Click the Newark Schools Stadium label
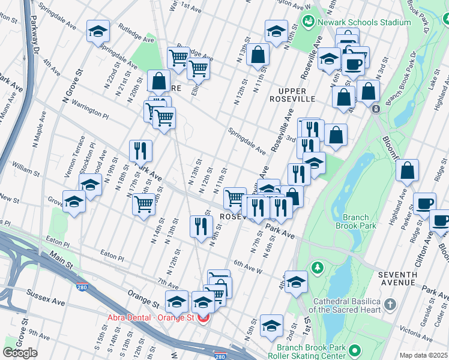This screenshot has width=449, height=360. pyautogui.click(x=364, y=22)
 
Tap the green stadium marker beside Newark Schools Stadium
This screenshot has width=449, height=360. pyautogui.click(x=309, y=22)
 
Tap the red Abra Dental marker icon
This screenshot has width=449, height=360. pyautogui.click(x=203, y=318)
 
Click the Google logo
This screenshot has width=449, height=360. pyautogui.click(x=20, y=352)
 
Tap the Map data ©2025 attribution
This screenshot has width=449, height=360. pyautogui.click(x=424, y=355)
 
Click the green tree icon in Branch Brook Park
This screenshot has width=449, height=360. pyautogui.click(x=316, y=266)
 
